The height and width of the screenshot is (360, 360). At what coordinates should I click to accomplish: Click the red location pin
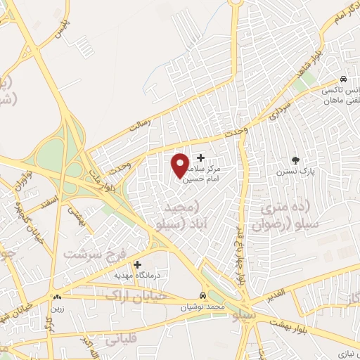[181, 165]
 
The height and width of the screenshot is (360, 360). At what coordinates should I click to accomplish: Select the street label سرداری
[278, 112]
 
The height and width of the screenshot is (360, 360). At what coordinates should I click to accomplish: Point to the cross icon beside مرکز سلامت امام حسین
[201, 157]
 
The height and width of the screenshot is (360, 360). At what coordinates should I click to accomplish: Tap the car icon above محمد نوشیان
[202, 295]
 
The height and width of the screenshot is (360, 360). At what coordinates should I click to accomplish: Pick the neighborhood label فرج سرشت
[89, 252]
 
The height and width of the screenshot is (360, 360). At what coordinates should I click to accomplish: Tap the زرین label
[56, 308]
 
